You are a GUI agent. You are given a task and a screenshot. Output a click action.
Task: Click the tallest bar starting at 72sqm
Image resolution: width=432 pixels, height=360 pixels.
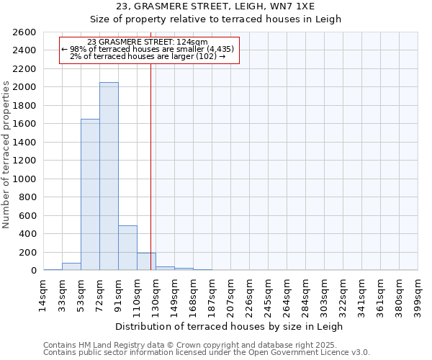coord(109,176)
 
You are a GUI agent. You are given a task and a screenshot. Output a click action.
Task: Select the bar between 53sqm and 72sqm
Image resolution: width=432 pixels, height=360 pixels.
coord(90,194)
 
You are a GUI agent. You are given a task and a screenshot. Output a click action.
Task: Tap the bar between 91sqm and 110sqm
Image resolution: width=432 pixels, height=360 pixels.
coord(127,248)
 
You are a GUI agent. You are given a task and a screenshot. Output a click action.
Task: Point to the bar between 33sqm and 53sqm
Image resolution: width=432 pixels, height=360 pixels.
coord(71,266)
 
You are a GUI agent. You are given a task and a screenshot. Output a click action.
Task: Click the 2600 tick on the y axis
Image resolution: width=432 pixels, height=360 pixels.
coord(24,32)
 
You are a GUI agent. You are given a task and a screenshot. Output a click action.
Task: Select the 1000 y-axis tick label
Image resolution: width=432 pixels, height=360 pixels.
coord(24,179)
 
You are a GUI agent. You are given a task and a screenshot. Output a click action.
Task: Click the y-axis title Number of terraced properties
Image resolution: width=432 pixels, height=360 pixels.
coord(6,155)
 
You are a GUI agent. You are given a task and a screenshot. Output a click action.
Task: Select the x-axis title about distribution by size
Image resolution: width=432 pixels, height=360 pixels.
coord(230,326)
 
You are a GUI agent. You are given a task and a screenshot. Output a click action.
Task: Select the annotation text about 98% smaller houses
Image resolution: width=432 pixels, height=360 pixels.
coord(148,49)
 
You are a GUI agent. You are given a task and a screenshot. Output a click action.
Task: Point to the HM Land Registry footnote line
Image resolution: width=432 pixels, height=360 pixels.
coord(195,345)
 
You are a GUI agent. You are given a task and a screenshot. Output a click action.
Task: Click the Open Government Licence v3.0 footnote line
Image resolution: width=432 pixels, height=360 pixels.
coord(207,353)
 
